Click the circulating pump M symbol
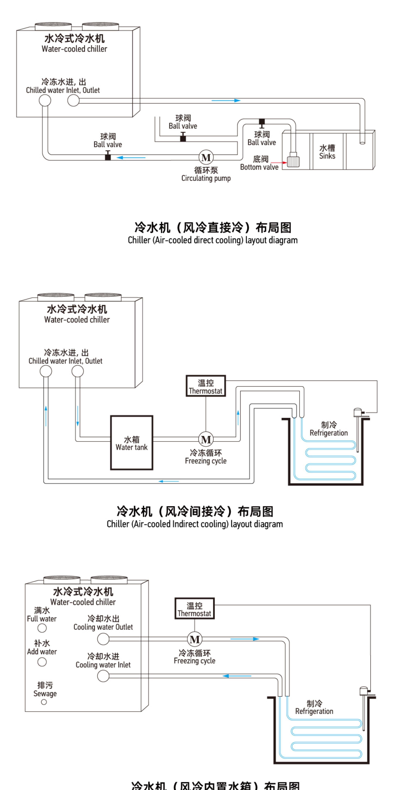[206, 157]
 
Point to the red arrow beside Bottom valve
[279, 162]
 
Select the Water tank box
[132, 443]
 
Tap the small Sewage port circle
[44, 702]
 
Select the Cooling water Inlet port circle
[103, 676]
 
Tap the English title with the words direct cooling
[212, 240]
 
